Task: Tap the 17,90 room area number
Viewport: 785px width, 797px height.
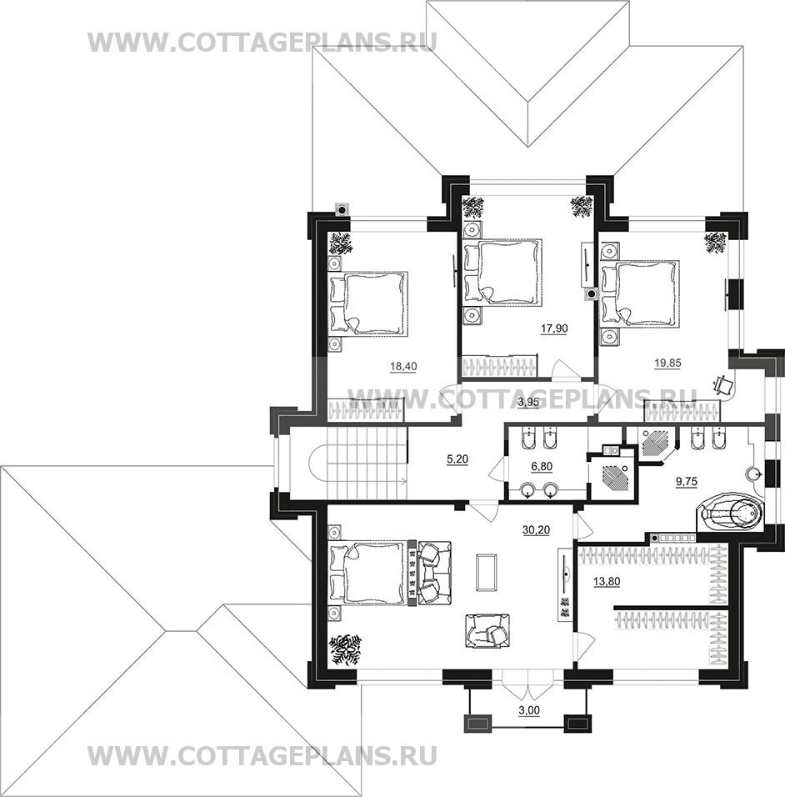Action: point(554,328)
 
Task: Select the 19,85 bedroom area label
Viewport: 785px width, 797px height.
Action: point(667,363)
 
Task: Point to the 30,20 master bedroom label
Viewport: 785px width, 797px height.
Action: point(536,529)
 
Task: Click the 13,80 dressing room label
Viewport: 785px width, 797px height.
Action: point(607,581)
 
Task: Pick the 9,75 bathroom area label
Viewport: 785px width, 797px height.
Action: point(687,482)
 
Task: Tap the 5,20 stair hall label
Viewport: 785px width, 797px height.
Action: point(457,459)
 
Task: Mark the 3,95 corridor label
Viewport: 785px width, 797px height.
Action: point(527,403)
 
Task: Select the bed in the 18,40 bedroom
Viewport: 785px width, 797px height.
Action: point(369,303)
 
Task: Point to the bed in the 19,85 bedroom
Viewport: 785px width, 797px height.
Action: point(640,293)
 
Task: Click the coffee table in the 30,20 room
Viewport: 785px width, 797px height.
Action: point(486,573)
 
